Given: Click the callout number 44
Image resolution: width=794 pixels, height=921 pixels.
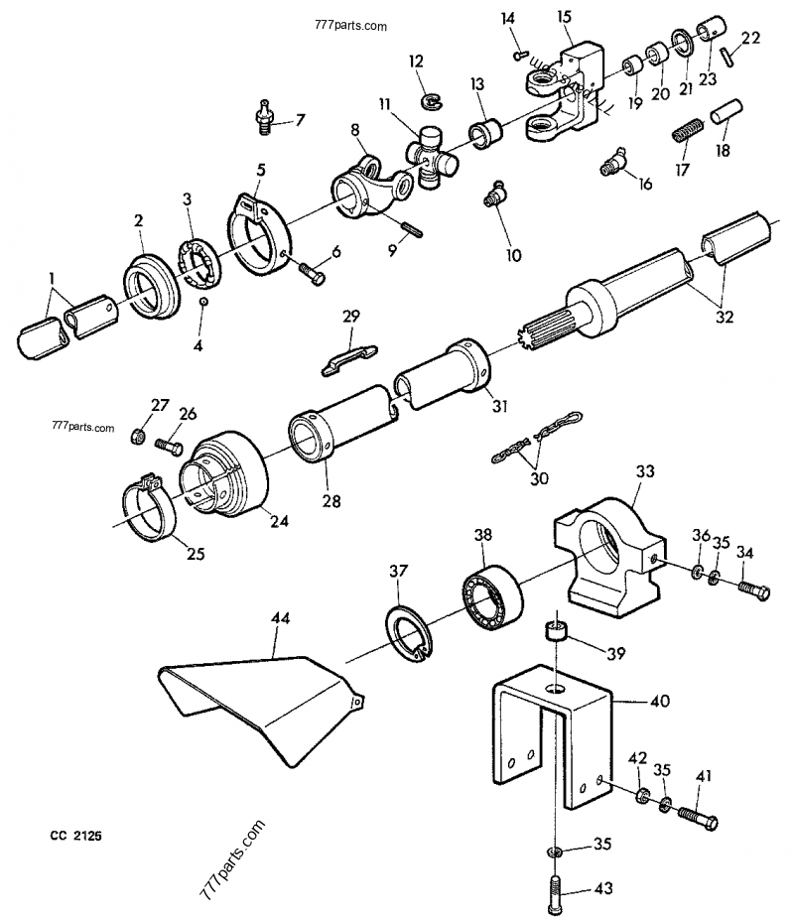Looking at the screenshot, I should [x=281, y=617].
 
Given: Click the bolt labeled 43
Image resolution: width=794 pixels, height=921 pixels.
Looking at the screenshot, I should [x=554, y=888].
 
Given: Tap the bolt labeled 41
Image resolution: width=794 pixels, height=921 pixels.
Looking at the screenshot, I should [x=699, y=821].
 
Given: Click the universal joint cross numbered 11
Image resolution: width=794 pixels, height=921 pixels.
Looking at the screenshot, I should [x=429, y=157].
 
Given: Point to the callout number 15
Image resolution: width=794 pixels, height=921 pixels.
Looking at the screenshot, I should [x=564, y=17].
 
